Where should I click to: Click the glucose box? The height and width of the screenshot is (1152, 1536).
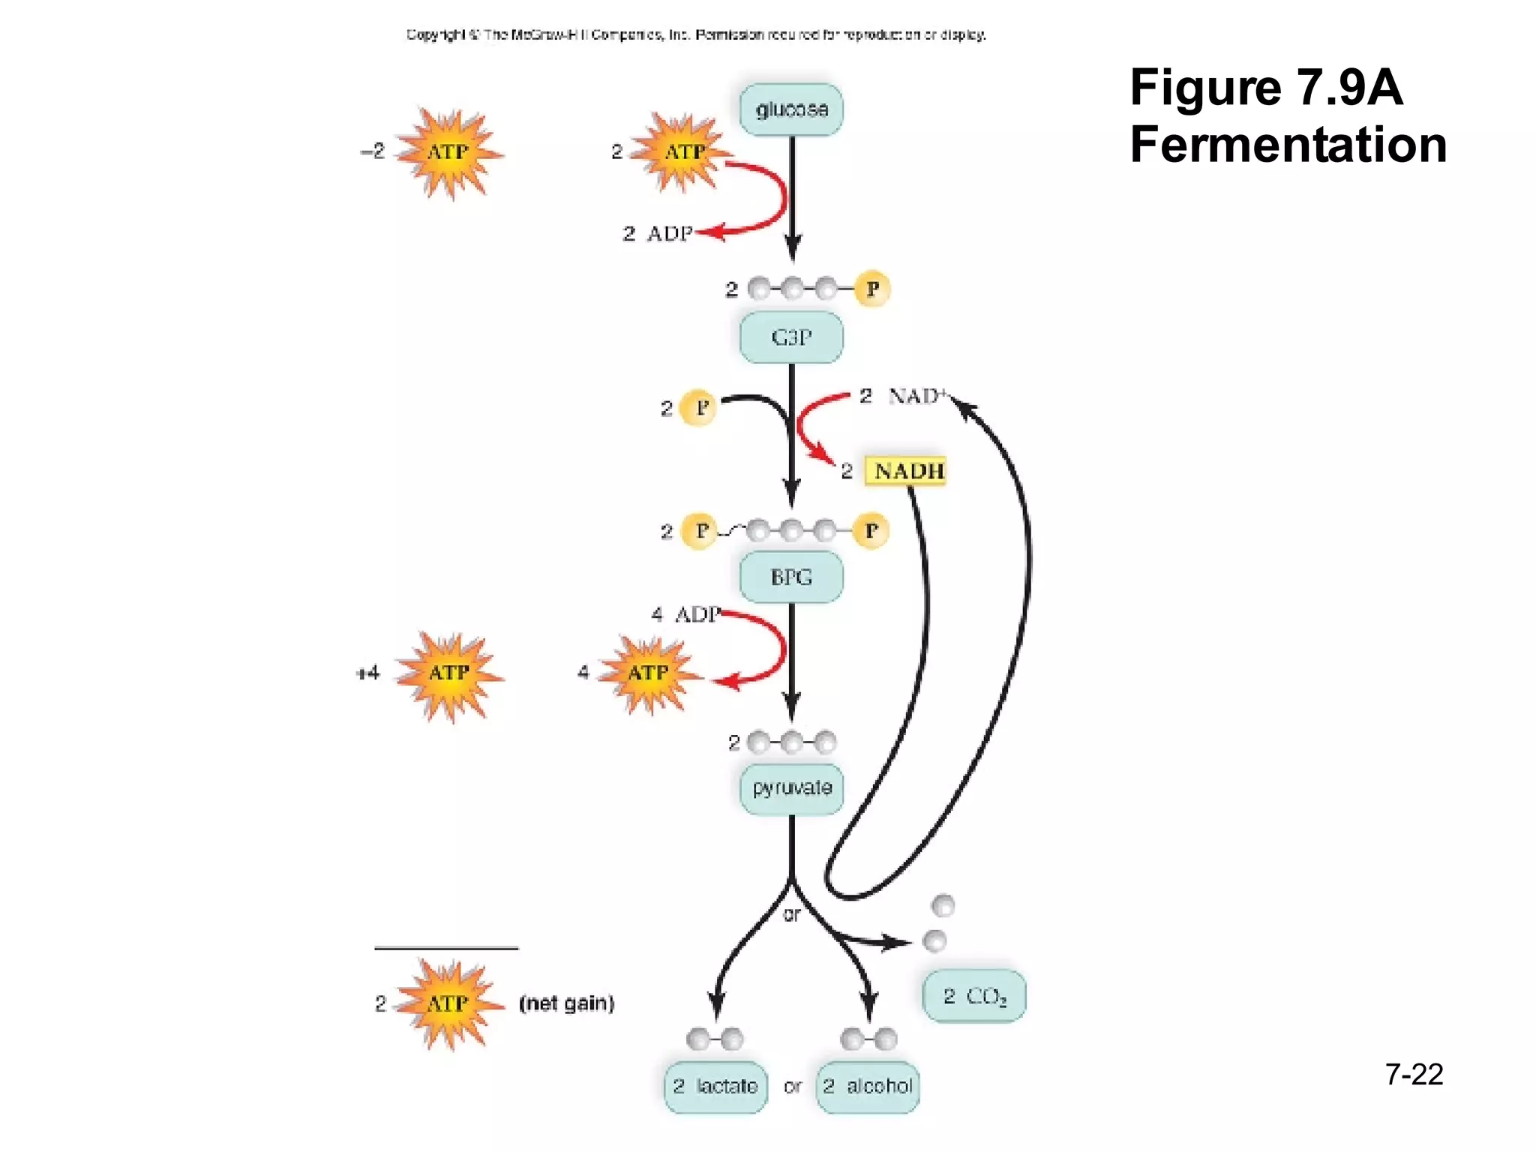791,109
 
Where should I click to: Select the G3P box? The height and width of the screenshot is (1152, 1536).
791,337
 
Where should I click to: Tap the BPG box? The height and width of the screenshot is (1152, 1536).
791,577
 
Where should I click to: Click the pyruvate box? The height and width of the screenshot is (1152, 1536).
791,788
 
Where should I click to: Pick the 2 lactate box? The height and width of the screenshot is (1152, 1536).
715,1086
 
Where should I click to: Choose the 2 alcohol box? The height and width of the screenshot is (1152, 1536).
868,1086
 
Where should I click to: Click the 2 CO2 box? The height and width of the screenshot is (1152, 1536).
974,996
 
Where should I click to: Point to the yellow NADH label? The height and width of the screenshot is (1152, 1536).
906,471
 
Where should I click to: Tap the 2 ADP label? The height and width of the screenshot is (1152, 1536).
658,234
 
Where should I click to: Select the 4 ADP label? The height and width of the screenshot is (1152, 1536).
686,615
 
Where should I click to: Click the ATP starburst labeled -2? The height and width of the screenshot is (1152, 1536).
449,153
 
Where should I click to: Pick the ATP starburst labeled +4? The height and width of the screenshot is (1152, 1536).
449,674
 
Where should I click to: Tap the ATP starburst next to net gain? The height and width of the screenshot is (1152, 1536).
449,1003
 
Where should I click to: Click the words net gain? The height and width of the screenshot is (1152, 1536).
567,1003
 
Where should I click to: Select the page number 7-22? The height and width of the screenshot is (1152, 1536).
1414,1075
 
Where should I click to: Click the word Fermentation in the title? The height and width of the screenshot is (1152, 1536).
1288,145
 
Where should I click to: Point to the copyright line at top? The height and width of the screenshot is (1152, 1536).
696,34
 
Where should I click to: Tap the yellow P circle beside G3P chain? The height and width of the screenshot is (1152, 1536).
872,289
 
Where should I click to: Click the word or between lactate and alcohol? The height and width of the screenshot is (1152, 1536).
792,1086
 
